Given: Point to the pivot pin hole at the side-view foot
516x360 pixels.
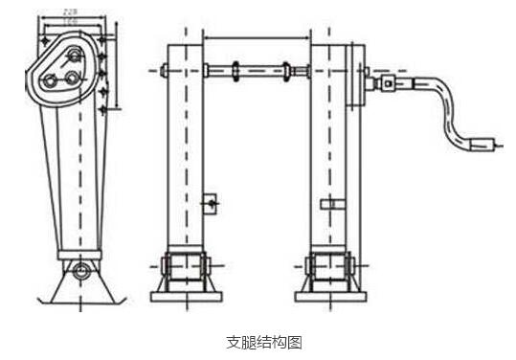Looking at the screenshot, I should pos(84,268).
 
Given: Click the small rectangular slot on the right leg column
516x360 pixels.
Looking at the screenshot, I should pos(330,203).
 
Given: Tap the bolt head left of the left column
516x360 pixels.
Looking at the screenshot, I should pos(165,70).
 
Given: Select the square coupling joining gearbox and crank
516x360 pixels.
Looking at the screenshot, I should pos(387,83).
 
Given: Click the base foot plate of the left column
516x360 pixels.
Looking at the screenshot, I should pos(187,294).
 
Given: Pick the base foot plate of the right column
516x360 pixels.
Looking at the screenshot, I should pos(328,294).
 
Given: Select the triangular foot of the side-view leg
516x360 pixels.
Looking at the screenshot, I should pos(84,284).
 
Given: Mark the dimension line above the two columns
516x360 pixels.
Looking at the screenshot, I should pos(257,38).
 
